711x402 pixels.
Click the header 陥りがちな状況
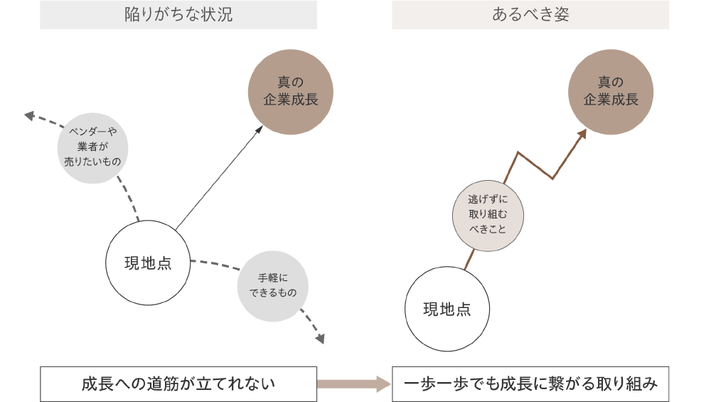click(178, 15)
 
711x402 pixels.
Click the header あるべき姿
click(530, 15)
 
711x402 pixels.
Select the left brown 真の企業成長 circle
click(290, 92)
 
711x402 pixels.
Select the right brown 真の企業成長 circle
click(611, 92)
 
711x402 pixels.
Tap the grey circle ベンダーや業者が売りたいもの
click(93, 147)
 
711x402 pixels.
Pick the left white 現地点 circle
click(148, 263)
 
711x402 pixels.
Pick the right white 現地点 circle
click(447, 309)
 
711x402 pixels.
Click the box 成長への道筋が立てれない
click(178, 384)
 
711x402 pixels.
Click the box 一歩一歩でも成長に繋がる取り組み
click(530, 384)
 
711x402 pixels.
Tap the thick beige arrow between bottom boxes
click(353, 384)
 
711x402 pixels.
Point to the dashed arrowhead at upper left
click(29, 115)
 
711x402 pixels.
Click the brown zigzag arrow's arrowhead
click(582, 134)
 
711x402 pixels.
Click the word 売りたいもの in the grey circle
click(93, 162)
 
